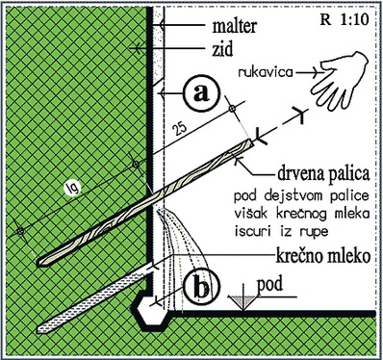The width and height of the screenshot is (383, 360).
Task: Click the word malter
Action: (x=235, y=25)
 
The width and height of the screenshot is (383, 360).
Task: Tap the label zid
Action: (x=222, y=49)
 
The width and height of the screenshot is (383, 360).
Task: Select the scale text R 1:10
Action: (x=345, y=19)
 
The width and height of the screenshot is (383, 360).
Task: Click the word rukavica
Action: (x=266, y=72)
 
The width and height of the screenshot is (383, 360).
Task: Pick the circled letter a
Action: (x=201, y=93)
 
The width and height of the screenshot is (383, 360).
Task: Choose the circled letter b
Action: (x=201, y=287)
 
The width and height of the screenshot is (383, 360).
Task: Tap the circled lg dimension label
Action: (x=72, y=188)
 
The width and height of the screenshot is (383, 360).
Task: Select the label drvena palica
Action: (x=323, y=174)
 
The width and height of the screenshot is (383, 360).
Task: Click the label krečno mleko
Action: (x=323, y=256)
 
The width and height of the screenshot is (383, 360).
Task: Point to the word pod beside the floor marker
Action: (x=270, y=284)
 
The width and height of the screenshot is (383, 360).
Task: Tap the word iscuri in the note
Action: (x=253, y=232)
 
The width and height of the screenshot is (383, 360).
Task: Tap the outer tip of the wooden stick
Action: (x=252, y=142)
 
